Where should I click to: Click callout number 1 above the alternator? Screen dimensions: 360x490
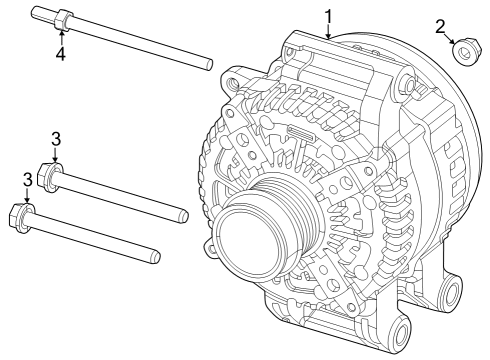point(328,16)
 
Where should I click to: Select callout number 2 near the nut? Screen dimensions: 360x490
point(439,27)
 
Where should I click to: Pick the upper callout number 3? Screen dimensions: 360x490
point(57,138)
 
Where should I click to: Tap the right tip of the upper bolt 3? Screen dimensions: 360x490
point(185,214)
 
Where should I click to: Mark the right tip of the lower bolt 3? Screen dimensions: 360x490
point(155,257)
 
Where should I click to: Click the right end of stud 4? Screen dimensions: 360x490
point(208,65)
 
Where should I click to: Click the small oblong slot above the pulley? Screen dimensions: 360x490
point(300,133)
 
